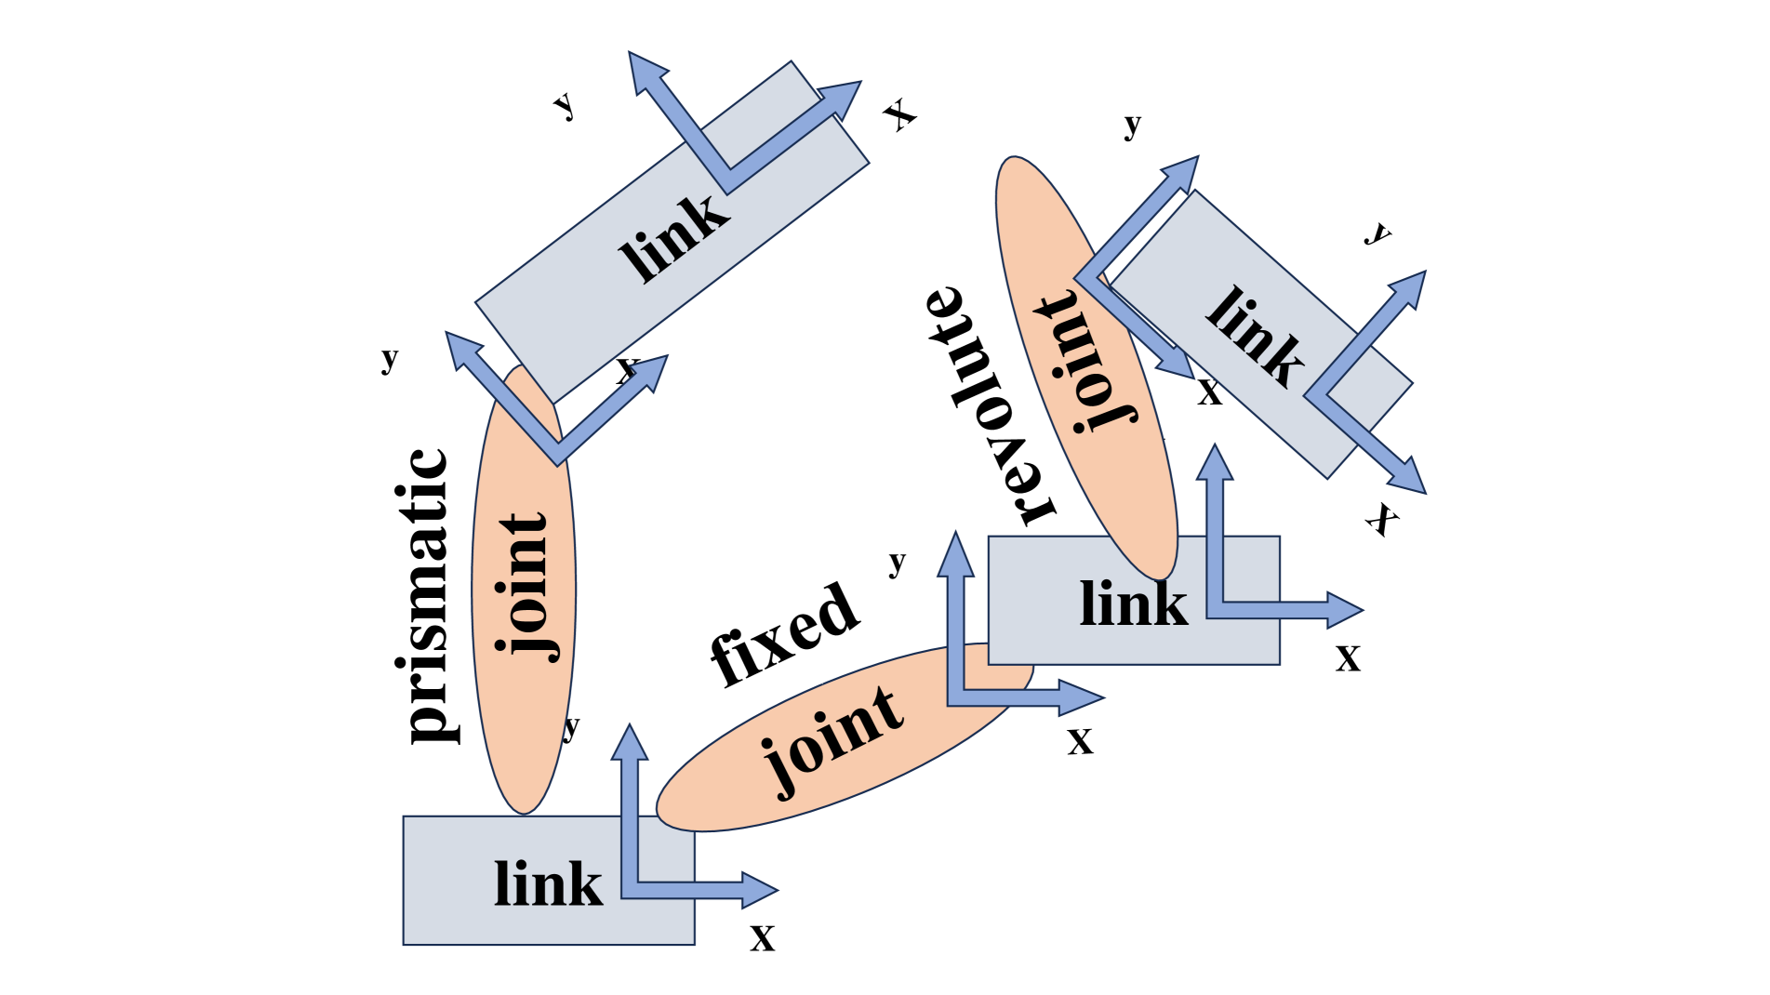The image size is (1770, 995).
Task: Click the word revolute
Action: point(990,405)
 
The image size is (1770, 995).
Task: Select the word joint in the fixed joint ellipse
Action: point(832,740)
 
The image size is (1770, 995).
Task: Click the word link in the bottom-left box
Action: point(548,883)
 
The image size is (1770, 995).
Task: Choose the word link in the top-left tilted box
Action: point(675,238)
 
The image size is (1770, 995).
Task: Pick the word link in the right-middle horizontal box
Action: point(1133,604)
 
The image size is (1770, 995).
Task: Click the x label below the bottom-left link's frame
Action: point(763,937)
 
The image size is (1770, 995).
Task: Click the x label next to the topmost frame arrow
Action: point(899,114)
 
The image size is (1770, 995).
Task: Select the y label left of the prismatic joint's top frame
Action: point(390,357)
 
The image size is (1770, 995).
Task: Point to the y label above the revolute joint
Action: point(1132,123)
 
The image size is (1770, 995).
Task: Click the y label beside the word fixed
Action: point(897,562)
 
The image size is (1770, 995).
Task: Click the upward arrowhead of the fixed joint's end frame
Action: point(955,553)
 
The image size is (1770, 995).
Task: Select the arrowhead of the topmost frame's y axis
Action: point(646,70)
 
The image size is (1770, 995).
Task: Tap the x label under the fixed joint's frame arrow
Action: point(1080,741)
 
